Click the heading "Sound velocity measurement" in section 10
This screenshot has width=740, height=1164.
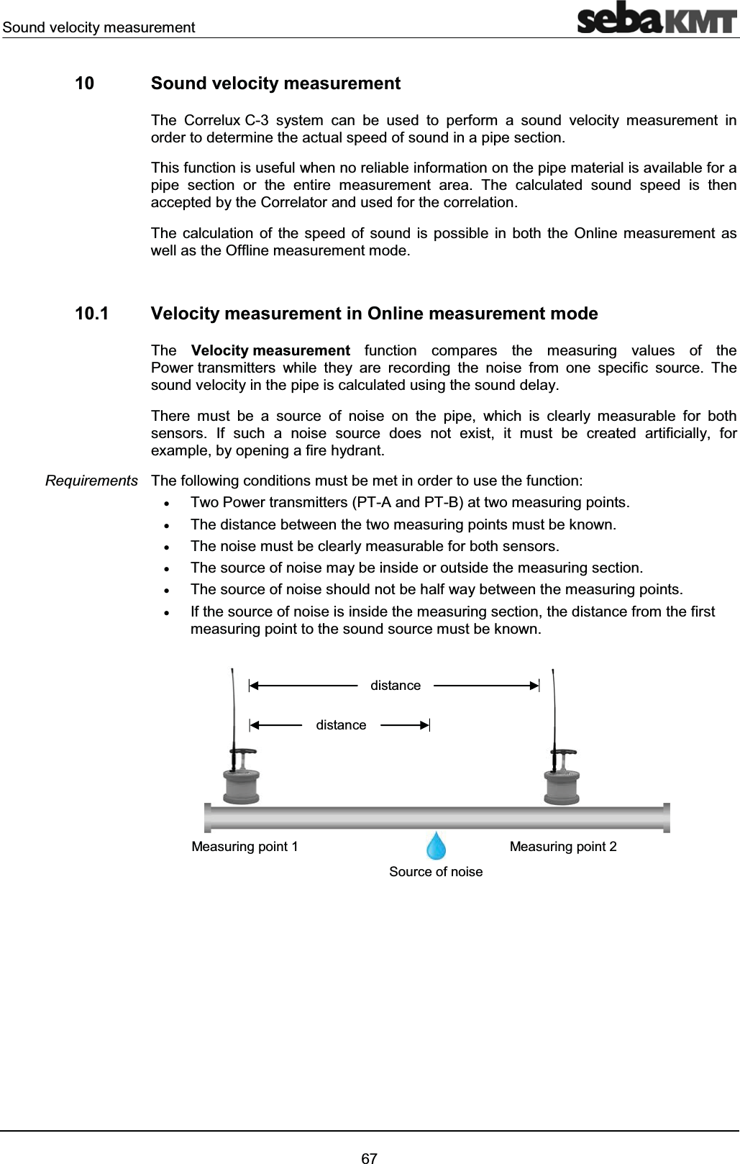276,83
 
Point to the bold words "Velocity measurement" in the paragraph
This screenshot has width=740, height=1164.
270,351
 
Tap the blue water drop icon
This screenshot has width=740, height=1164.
436,846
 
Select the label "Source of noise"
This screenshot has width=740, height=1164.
436,872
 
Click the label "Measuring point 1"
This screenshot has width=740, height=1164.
245,846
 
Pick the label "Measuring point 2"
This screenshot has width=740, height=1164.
562,846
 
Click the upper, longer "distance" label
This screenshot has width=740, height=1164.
396,686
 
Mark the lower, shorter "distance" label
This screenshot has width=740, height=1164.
341,725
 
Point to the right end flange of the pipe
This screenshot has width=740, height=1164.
667,818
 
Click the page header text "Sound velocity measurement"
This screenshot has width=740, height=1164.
99,27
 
